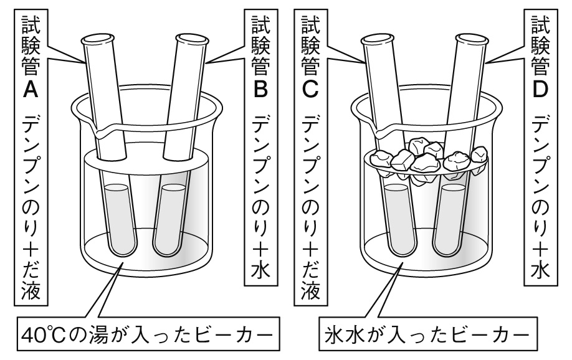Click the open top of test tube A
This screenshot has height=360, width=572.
[97, 43]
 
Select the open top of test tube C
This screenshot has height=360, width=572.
[376, 43]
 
